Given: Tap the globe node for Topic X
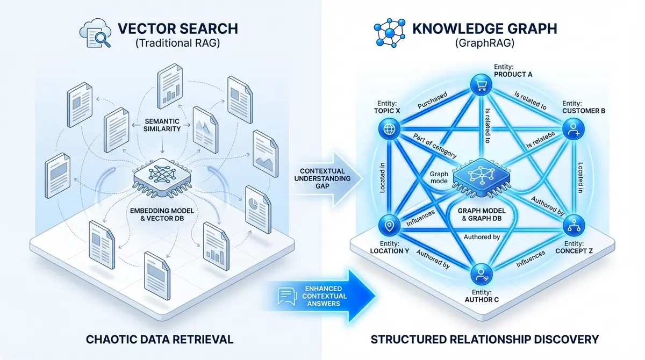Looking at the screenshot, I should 388,129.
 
